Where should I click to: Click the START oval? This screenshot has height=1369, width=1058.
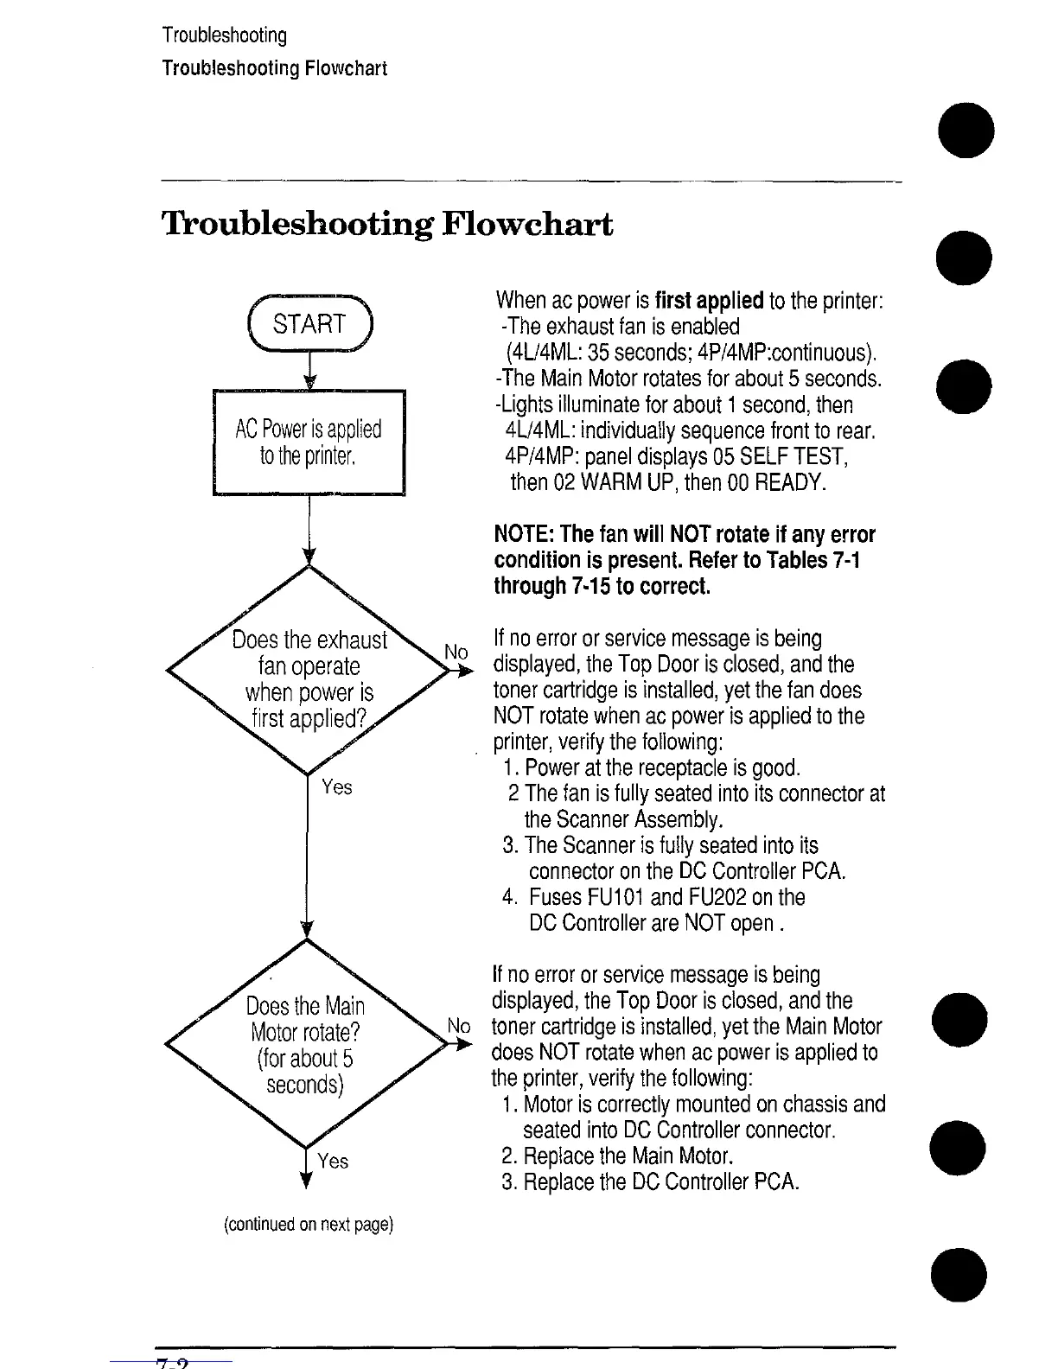point(309,324)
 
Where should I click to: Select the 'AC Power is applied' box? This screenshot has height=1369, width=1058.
point(309,443)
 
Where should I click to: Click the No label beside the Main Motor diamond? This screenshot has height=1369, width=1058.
point(459,1026)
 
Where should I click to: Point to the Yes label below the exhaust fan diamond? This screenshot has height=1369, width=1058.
point(337,786)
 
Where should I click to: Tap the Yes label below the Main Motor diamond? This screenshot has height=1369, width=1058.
point(333,1161)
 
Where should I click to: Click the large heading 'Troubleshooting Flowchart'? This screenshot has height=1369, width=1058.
point(387,225)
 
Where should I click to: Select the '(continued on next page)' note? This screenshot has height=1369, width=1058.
point(309,1225)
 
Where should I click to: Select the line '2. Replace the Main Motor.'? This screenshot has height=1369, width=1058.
point(618,1156)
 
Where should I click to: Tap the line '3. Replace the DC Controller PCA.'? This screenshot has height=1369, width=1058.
point(650,1182)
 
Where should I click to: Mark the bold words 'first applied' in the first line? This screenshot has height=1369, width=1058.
point(709,302)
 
